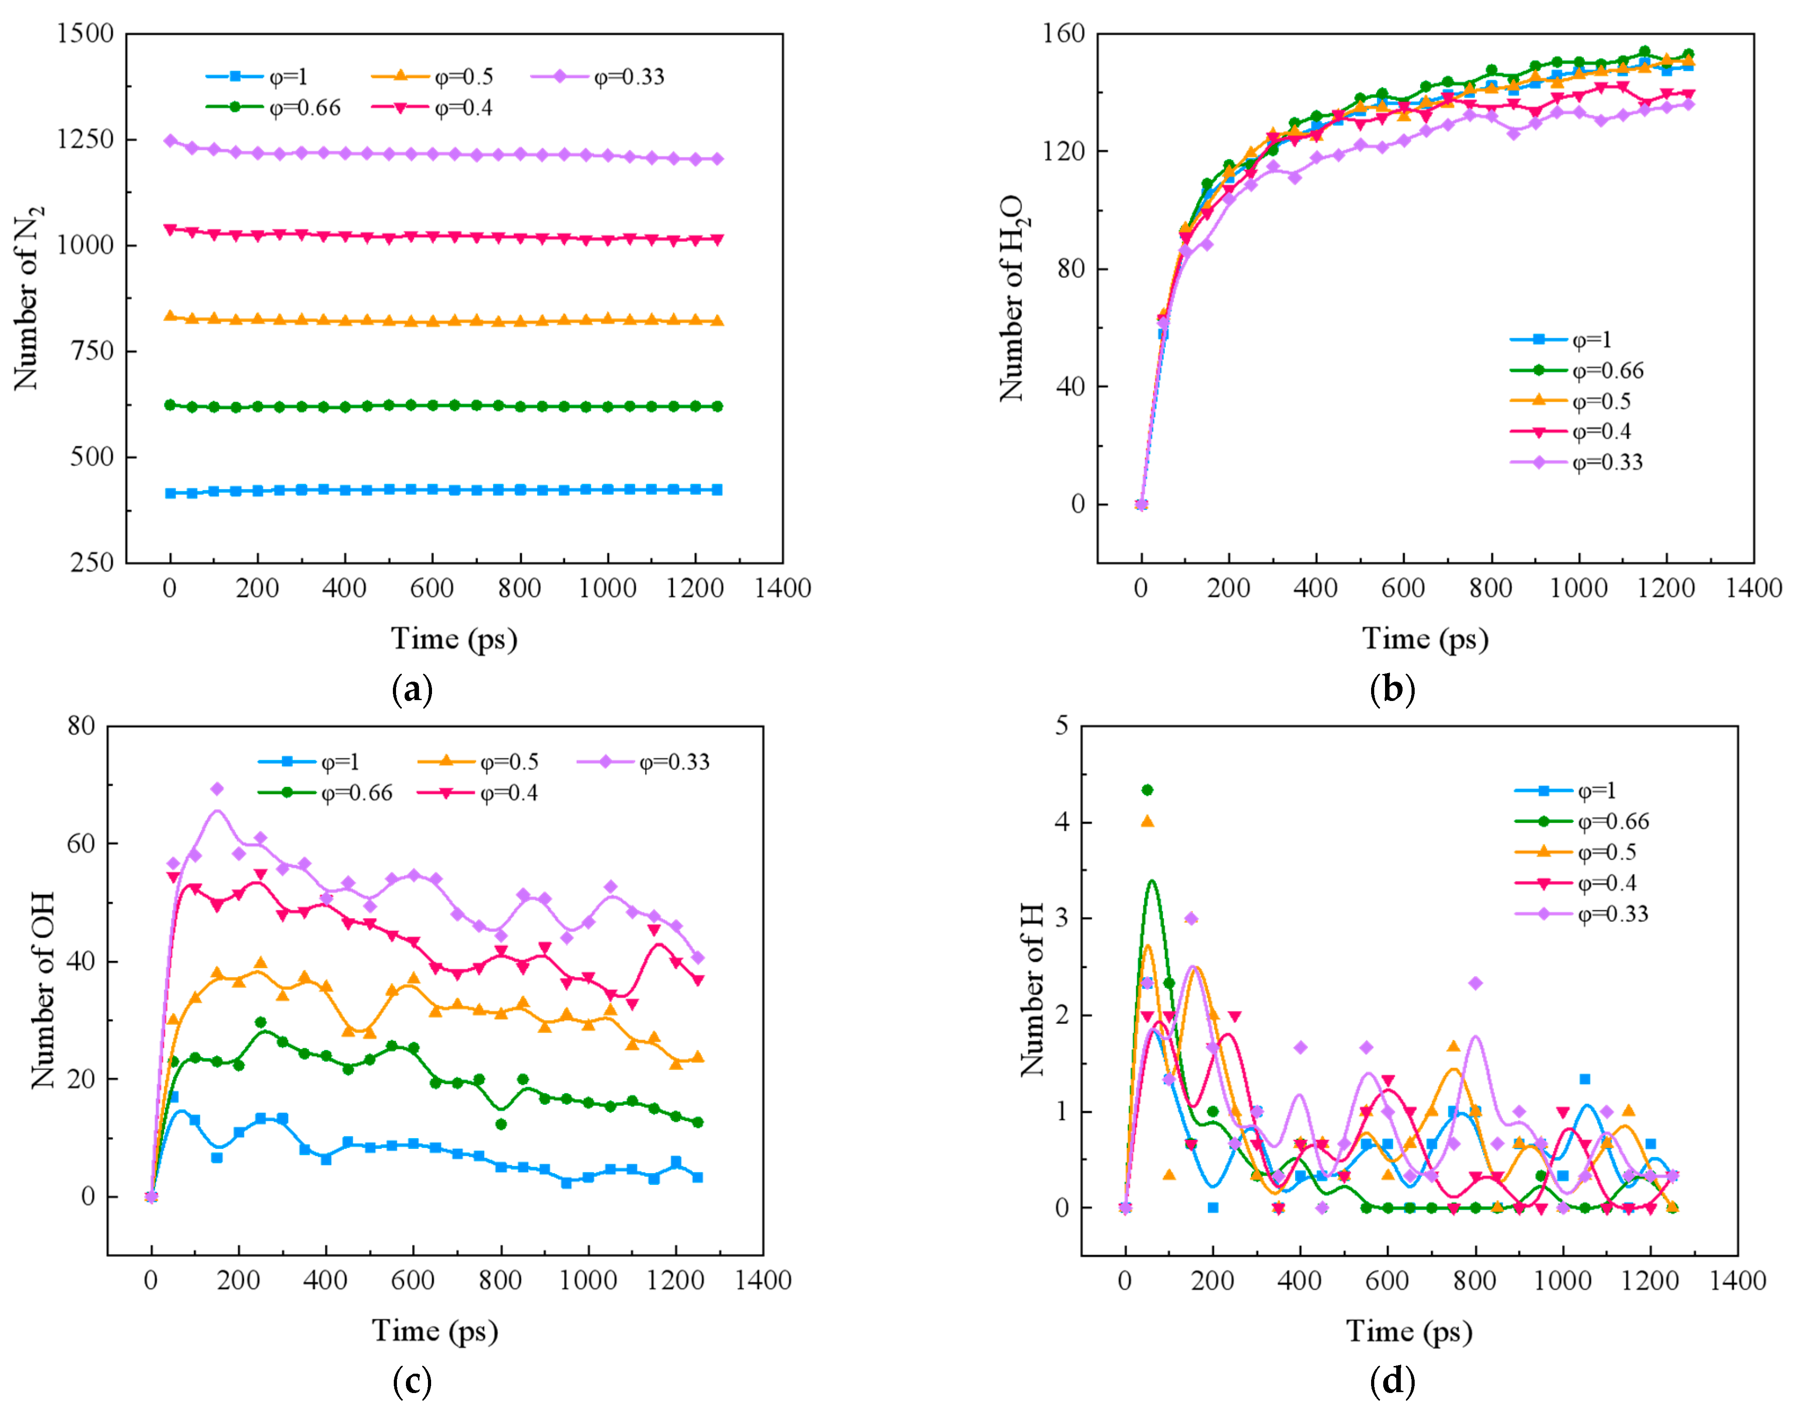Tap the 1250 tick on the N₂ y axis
pos(85,139)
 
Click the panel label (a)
pos(412,688)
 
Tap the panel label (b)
pos(1392,688)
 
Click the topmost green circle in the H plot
pos(1147,790)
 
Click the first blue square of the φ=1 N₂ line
pos(171,493)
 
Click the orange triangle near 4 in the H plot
pos(1147,821)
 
